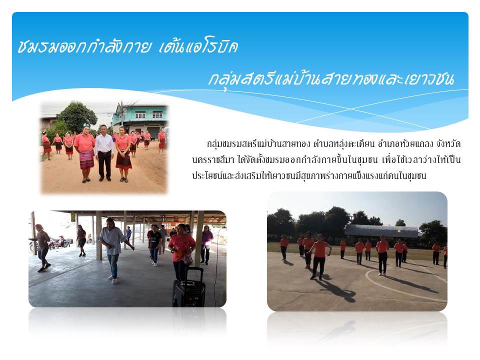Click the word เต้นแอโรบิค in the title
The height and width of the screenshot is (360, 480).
[x=198, y=47]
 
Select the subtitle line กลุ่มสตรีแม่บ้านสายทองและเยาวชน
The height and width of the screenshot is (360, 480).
[x=330, y=79]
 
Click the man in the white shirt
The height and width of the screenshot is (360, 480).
[x=104, y=153]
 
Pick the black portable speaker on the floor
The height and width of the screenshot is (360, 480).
[x=188, y=288]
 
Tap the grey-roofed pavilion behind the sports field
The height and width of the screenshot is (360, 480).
[x=381, y=231]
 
